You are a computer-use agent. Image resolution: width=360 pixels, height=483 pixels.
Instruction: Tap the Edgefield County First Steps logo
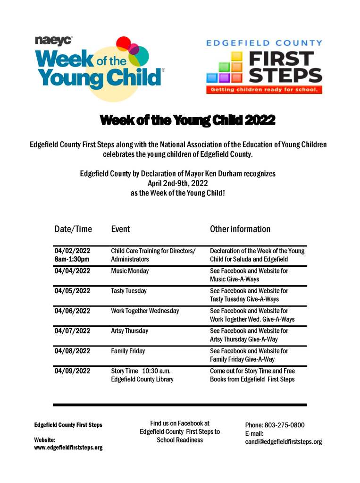pyautogui.click(x=264, y=66)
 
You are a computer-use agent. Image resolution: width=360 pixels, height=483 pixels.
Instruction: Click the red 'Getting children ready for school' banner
pyautogui.click(x=264, y=89)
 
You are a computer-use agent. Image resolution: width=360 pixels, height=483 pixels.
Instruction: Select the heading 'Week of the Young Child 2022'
pyautogui.click(x=187, y=121)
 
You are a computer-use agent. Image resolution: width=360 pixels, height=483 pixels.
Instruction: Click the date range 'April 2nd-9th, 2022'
pyautogui.click(x=178, y=183)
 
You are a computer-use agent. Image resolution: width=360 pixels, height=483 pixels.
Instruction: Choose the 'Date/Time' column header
pyautogui.click(x=73, y=229)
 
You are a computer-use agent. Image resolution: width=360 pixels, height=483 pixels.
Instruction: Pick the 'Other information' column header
pyautogui.click(x=240, y=229)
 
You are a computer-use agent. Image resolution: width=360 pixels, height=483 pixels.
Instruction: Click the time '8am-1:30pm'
pyautogui.click(x=72, y=259)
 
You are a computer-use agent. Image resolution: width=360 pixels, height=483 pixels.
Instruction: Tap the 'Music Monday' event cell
pyautogui.click(x=130, y=271)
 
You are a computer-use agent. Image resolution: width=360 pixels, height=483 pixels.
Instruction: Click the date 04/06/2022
pyautogui.click(x=72, y=311)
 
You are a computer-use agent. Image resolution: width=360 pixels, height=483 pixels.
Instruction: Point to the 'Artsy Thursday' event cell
pyautogui.click(x=130, y=331)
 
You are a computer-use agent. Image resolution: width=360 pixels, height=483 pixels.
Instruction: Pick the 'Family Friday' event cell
pyautogui.click(x=128, y=351)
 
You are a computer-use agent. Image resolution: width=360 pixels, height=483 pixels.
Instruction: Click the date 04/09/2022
pyautogui.click(x=72, y=371)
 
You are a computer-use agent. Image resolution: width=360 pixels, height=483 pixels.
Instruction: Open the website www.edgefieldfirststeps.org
pyautogui.click(x=68, y=448)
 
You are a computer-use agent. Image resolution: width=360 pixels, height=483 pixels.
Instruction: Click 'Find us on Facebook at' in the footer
pyautogui.click(x=180, y=424)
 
